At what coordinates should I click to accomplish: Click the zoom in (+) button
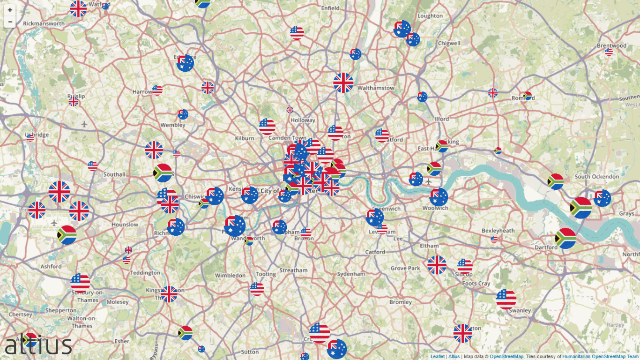[10, 10]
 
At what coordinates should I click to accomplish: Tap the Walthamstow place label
[376, 88]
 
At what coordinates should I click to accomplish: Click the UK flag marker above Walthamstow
[343, 82]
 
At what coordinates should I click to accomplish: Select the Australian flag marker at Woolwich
[439, 197]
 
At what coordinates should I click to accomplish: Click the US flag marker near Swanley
[506, 299]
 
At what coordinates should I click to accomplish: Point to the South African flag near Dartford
[566, 238]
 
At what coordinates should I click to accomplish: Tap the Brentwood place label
[611, 45]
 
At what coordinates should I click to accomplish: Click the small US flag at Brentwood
[609, 52]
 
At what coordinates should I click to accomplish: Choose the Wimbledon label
[230, 275]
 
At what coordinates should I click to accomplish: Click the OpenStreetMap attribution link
[506, 357]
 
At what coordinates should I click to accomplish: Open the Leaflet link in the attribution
[438, 357]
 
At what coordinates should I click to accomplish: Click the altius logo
[38, 345]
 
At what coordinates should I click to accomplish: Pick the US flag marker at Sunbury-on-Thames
[80, 283]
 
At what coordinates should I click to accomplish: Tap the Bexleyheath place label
[498, 231]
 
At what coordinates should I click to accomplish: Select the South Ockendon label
[596, 177]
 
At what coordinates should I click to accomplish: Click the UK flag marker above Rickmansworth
[78, 8]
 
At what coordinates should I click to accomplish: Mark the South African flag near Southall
[163, 173]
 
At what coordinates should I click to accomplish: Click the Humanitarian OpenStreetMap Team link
[600, 357]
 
